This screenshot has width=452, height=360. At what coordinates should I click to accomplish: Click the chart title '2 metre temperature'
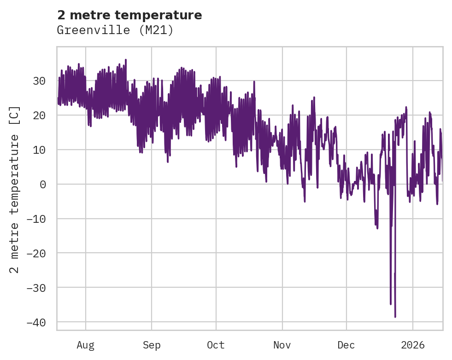(x=129, y=15)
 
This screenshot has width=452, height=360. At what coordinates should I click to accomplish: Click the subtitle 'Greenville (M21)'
(x=115, y=30)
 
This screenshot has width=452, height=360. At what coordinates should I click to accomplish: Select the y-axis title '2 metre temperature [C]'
(x=15, y=190)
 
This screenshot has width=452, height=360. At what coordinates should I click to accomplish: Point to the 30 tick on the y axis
(x=39, y=81)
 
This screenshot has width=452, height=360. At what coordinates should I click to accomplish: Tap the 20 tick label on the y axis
(x=39, y=116)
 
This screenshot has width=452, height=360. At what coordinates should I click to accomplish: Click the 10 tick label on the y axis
(x=39, y=150)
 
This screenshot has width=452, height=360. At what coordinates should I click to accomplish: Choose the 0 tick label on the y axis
(x=42, y=185)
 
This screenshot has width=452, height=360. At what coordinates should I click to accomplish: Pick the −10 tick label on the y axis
(x=36, y=219)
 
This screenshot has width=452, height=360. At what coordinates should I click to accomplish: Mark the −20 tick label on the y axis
(x=36, y=253)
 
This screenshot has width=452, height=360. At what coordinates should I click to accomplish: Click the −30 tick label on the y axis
(x=36, y=288)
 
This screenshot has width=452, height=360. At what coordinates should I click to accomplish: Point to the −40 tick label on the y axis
(x=36, y=322)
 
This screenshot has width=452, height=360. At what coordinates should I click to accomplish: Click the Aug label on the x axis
(x=86, y=345)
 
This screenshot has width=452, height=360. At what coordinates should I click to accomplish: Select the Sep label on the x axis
(x=151, y=345)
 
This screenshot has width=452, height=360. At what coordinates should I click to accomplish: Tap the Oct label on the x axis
(x=216, y=345)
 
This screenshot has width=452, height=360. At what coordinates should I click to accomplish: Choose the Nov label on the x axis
(x=282, y=345)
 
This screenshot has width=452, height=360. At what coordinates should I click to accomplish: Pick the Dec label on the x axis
(x=346, y=345)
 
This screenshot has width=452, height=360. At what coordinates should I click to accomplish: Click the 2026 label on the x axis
(x=413, y=345)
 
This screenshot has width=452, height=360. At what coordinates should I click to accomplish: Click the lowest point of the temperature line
(x=395, y=317)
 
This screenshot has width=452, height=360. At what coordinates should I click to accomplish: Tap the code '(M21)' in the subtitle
(x=159, y=30)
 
